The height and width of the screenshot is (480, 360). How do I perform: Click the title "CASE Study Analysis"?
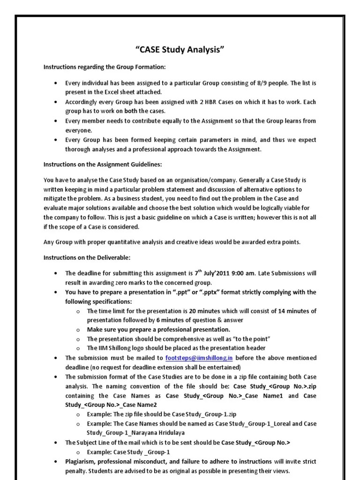pyautogui.click(x=180, y=50)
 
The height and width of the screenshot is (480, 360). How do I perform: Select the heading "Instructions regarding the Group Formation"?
pyautogui.click(x=105, y=67)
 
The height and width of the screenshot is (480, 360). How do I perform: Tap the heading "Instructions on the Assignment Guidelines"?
pyautogui.click(x=103, y=165)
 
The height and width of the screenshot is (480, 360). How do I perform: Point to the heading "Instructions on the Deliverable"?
pyautogui.click(x=87, y=257)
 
